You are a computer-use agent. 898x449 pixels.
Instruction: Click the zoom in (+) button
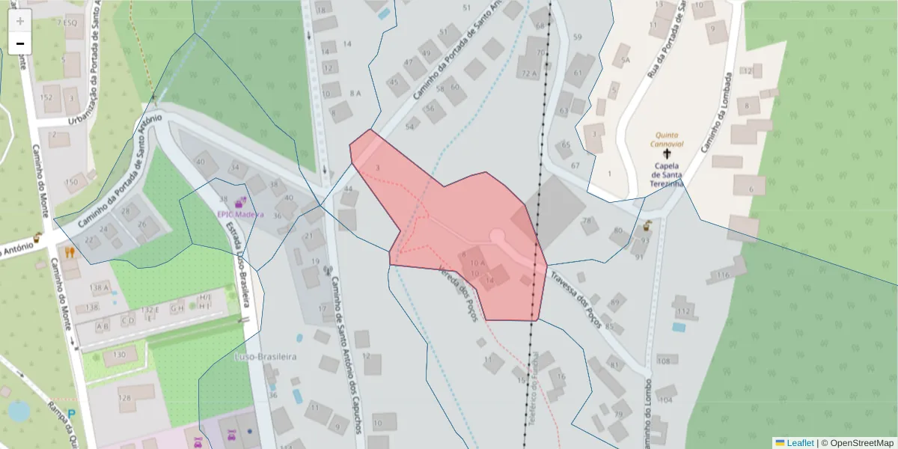click(x=19, y=21)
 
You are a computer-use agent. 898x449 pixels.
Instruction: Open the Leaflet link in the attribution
click(x=799, y=443)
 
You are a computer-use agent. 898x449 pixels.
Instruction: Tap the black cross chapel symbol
click(x=667, y=153)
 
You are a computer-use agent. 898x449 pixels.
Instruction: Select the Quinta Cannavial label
click(x=666, y=139)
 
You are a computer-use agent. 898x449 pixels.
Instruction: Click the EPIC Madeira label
click(x=240, y=214)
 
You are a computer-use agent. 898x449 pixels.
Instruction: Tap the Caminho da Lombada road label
click(x=715, y=113)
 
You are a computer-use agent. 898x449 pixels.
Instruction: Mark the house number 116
click(x=722, y=275)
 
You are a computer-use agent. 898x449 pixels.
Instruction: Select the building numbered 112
click(x=683, y=311)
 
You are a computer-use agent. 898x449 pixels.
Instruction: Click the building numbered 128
click(x=124, y=397)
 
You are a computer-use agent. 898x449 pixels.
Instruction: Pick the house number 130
click(x=119, y=355)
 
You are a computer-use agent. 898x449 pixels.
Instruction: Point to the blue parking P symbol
click(x=72, y=413)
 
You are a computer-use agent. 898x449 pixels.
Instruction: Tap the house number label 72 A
click(x=530, y=73)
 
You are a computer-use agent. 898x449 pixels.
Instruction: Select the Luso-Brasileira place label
click(x=266, y=357)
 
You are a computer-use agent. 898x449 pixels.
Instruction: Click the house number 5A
click(x=625, y=59)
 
